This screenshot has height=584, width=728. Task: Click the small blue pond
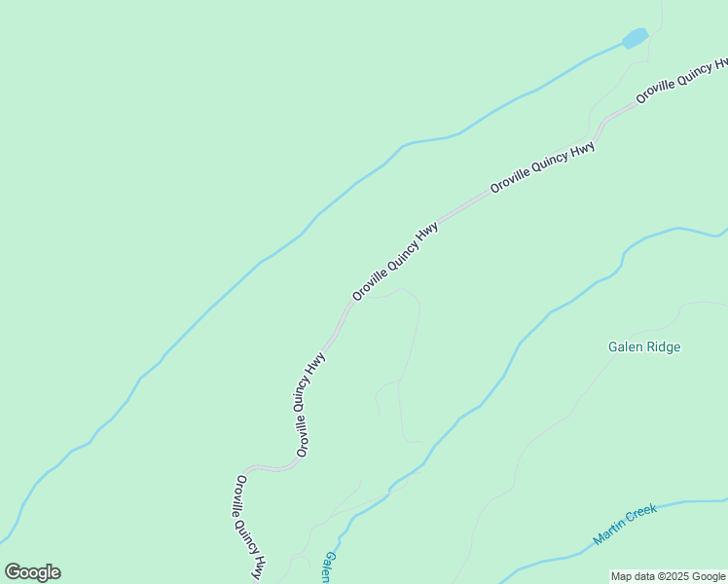pos(635,38)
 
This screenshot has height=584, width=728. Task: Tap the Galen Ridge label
pos(644,347)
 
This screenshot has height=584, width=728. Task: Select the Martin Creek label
pos(625,525)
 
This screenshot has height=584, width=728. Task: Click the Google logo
pos(32,572)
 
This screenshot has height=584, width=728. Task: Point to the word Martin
pos(610,531)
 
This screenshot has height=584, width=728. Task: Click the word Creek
pos(642,515)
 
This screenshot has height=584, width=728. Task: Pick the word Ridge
pos(665,347)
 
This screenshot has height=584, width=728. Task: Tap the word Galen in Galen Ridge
pos(626,347)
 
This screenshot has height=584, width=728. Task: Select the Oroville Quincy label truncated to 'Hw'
pos(681,82)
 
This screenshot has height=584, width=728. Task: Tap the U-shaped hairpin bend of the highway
pos(270,468)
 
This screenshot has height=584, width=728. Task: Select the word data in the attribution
pos(648,576)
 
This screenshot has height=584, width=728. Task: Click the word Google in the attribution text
pos(709,576)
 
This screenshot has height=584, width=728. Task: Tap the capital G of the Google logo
pos(13,572)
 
